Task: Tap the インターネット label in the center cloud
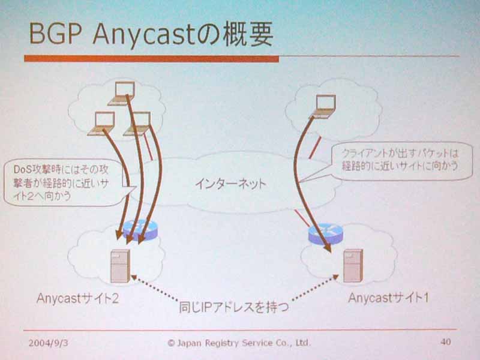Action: point(230,184)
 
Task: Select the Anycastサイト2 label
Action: point(77,298)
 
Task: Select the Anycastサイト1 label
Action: point(388,298)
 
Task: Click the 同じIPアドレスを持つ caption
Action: point(234,307)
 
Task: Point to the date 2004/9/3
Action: point(49,343)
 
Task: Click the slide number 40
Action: point(446,341)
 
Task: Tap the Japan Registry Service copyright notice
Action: point(239,343)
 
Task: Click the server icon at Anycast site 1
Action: point(353,265)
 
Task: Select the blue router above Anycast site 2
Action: point(140,230)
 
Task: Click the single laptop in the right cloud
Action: point(324,106)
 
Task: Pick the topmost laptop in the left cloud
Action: point(122,93)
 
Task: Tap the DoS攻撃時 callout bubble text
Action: point(61,183)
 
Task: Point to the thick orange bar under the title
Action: point(152,58)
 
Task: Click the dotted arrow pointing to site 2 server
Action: point(155,287)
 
